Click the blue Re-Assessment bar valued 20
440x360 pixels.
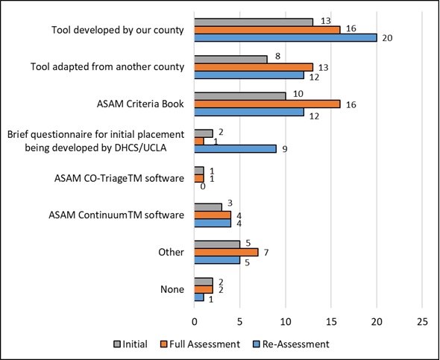tap(286, 37)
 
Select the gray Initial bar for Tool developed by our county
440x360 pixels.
tap(254, 22)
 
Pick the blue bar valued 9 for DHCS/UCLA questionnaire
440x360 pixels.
tap(235, 148)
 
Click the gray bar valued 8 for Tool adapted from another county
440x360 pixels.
tap(230, 59)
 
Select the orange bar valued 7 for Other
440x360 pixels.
tap(226, 252)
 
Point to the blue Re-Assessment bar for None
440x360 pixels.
tap(198, 297)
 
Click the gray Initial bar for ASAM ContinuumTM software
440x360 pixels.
tap(208, 207)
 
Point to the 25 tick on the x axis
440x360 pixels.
tap(422, 322)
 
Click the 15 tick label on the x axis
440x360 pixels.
tap(331, 322)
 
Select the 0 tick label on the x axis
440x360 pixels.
tap(195, 322)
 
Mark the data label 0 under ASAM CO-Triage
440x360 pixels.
tap(202, 186)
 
